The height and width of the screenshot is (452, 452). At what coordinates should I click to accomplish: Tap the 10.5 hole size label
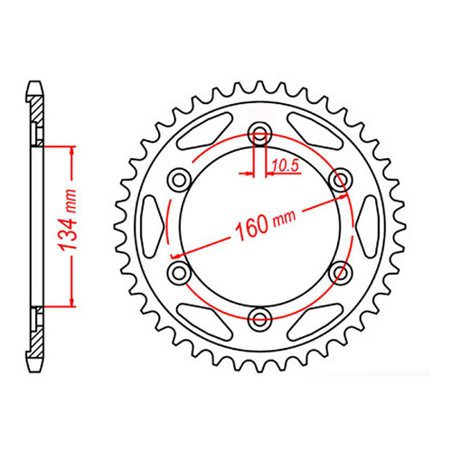click(x=284, y=165)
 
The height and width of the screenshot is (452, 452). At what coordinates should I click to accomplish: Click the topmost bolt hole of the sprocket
click(x=261, y=134)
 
